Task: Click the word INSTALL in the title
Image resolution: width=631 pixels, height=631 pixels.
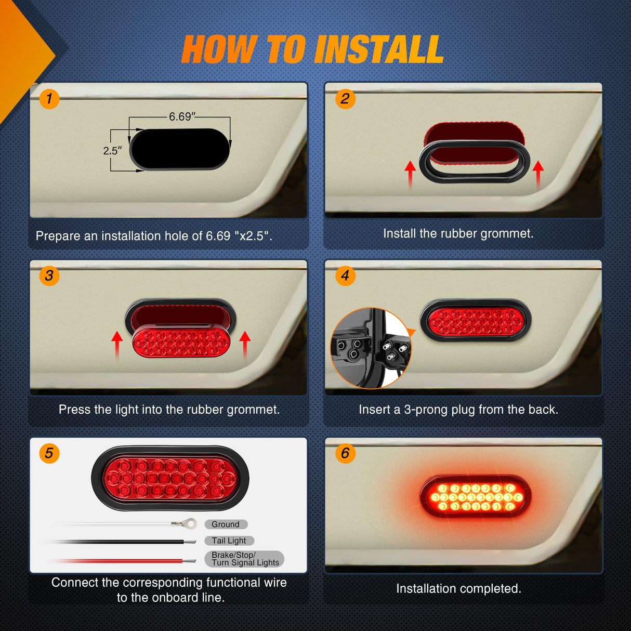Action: pos(378,50)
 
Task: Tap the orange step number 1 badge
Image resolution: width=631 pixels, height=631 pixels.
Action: pos(49,98)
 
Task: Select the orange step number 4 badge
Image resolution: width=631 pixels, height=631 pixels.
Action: pos(345,275)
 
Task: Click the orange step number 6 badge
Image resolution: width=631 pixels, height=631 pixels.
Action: pos(345,453)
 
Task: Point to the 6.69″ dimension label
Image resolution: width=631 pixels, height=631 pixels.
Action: pos(182,117)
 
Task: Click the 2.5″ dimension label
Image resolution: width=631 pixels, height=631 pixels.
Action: pos(112,151)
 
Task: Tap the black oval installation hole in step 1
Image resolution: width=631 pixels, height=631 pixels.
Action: pos(180,149)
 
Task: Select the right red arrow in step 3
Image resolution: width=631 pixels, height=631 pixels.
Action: pos(245,345)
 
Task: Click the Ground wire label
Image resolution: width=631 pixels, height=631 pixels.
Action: pos(226,524)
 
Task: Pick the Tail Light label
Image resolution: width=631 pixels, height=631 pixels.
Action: pos(229,541)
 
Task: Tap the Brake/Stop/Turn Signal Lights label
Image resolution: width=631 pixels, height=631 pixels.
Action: pos(245,559)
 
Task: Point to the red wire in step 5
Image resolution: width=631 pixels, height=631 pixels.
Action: pos(120,561)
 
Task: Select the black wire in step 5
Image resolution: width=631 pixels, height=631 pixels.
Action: pos(120,542)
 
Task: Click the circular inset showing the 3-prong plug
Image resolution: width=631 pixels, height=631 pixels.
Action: pos(371,348)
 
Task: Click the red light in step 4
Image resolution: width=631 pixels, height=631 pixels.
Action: pos(476,321)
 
